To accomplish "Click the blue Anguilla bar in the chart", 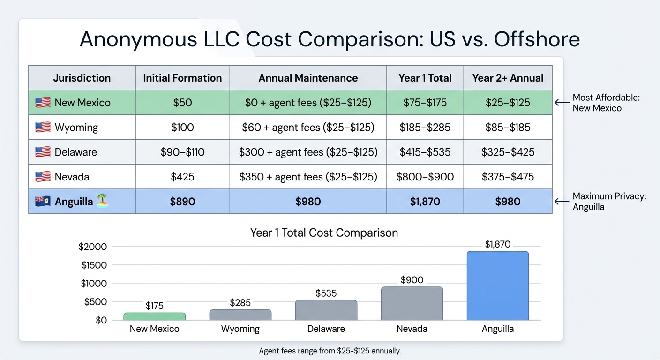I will pyautogui.click(x=497, y=285).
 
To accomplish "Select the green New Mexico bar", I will pyautogui.click(x=154, y=316).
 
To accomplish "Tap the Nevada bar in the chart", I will pyautogui.click(x=412, y=303).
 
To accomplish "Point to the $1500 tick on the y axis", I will pyautogui.click(x=94, y=265).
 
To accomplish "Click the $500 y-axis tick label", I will pyautogui.click(x=96, y=302).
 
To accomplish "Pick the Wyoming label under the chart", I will pyautogui.click(x=240, y=329).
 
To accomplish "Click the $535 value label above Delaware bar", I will pyautogui.click(x=326, y=293).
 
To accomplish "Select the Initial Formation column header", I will pyautogui.click(x=182, y=78).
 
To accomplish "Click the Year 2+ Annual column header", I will pyautogui.click(x=508, y=78).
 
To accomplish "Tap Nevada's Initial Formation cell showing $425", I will pyautogui.click(x=182, y=177).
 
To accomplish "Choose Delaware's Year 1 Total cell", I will pyautogui.click(x=425, y=152).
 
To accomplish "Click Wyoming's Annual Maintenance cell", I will pyautogui.click(x=308, y=127).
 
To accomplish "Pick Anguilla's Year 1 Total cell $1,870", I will pyautogui.click(x=425, y=202).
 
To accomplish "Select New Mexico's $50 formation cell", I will pyautogui.click(x=182, y=102).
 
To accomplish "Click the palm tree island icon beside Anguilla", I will pyautogui.click(x=102, y=202).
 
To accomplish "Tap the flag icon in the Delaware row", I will pyautogui.click(x=43, y=152).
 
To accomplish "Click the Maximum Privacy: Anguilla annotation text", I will pyautogui.click(x=609, y=202).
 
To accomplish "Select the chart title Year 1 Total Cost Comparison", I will pyautogui.click(x=324, y=232).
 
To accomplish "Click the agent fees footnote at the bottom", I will pyautogui.click(x=330, y=351).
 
